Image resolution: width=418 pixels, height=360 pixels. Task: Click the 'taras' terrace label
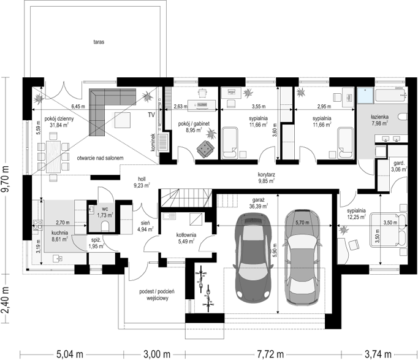click(99, 42)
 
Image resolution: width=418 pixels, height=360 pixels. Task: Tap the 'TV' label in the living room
click(151, 115)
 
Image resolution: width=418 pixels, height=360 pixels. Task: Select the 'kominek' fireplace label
click(153, 142)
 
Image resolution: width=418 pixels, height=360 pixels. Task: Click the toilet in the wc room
click(105, 227)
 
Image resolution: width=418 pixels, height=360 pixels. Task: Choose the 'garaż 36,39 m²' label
click(258, 203)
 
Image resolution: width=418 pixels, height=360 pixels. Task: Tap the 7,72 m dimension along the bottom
click(270, 354)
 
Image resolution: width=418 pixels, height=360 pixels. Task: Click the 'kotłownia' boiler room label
click(186, 235)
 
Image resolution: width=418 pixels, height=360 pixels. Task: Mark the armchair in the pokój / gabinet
click(205, 148)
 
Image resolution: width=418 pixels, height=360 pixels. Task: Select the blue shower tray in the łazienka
click(365, 96)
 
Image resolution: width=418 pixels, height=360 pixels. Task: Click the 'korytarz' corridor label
click(267, 175)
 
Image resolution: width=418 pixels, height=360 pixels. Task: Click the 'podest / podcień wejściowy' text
click(157, 294)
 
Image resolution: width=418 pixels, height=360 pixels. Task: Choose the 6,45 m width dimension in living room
click(78, 107)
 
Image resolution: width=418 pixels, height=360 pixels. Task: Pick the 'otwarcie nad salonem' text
click(101, 158)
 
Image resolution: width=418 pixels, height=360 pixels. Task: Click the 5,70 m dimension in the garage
click(302, 222)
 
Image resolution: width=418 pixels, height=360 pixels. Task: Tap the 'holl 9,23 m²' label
click(142, 182)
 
